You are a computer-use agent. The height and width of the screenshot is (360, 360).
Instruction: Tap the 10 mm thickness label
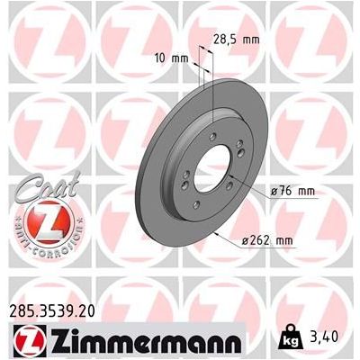pyautogui.click(x=172, y=59)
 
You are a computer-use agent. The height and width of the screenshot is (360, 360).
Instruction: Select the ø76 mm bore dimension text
pyautogui.click(x=292, y=193)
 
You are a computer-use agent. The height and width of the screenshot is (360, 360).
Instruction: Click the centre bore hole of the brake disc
pyautogui.click(x=209, y=171)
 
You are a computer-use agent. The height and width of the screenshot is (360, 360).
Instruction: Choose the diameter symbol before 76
pyautogui.click(x=272, y=193)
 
